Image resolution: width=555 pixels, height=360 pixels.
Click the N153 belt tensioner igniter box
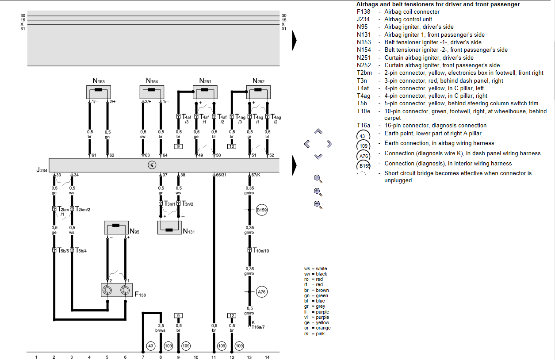(x=98, y=92)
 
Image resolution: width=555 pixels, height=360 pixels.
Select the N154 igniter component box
(x=152, y=92)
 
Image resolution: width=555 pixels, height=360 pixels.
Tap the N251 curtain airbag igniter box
(x=205, y=92)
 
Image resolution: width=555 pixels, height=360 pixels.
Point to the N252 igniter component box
(x=258, y=92)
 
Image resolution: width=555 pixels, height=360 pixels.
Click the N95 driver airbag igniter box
(x=116, y=227)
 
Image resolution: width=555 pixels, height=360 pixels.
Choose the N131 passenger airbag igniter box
(x=170, y=227)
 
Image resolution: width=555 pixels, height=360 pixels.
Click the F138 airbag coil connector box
(x=116, y=290)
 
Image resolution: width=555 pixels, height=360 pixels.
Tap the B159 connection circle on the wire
(x=262, y=210)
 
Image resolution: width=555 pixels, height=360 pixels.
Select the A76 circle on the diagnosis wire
(x=262, y=292)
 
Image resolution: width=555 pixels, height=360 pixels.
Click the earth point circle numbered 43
(x=151, y=345)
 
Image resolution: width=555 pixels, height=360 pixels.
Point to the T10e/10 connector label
(x=260, y=251)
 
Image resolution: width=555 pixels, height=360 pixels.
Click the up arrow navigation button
(x=318, y=131)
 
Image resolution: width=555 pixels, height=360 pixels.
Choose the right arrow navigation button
(x=329, y=144)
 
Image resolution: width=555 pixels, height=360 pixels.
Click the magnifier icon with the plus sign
(x=318, y=191)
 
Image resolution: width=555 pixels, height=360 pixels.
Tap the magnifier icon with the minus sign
(x=318, y=204)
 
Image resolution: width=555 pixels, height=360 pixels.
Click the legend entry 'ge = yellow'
(x=317, y=323)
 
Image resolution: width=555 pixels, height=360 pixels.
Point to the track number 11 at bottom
(x=214, y=357)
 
